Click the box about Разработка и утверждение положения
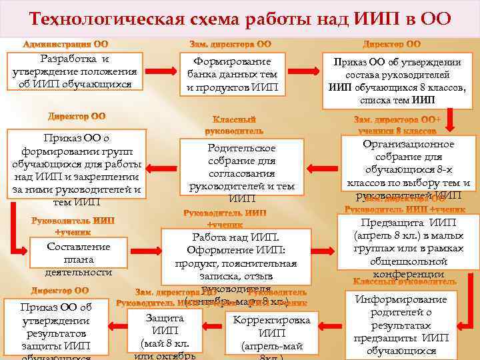coord(75,71)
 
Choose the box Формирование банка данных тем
coord(231,74)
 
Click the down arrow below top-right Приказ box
coord(450,120)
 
